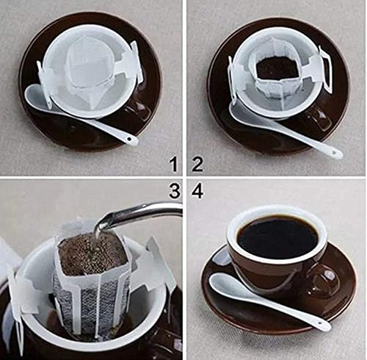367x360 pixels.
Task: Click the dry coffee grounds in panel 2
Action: (277, 68)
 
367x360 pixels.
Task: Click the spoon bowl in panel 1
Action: (37, 95)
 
